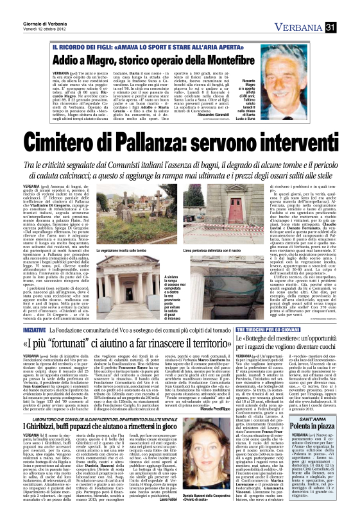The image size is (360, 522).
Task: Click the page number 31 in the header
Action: (x=349, y=8)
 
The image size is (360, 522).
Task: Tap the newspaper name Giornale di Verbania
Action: (x=26, y=5)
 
